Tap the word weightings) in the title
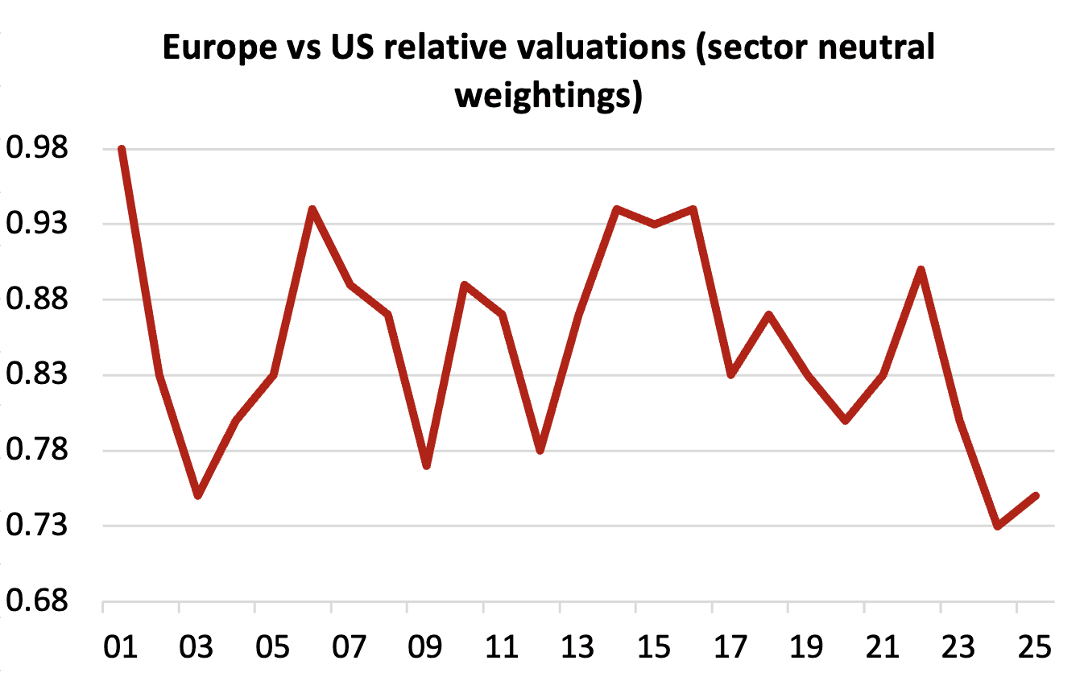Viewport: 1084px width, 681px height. coord(548,97)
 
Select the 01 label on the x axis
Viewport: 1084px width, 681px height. coord(121,647)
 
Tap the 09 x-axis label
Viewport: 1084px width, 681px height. coord(426,647)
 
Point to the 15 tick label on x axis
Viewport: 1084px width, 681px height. coord(654,647)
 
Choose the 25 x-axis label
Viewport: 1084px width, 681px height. coord(1035,647)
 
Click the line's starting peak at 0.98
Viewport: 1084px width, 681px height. coord(122,150)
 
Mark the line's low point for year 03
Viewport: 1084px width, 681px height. coord(198,496)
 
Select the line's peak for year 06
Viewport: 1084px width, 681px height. coord(312,209)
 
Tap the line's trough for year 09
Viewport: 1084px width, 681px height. coord(427,466)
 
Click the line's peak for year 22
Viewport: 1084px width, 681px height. coord(921,270)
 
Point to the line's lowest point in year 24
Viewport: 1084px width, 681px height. coord(998,526)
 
